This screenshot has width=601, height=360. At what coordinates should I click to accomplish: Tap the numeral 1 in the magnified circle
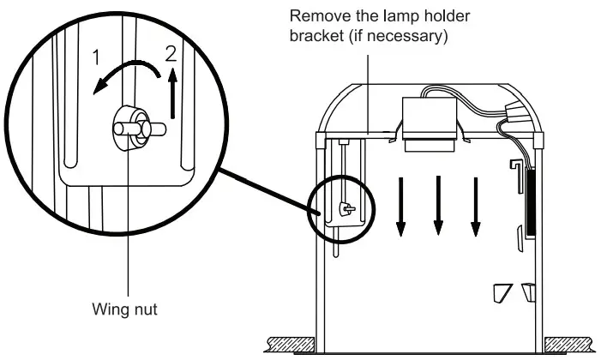pos(97,59)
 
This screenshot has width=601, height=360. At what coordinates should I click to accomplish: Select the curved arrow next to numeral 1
pos(123,75)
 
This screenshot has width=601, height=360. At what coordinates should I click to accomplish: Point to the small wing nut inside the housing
pos(345,207)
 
